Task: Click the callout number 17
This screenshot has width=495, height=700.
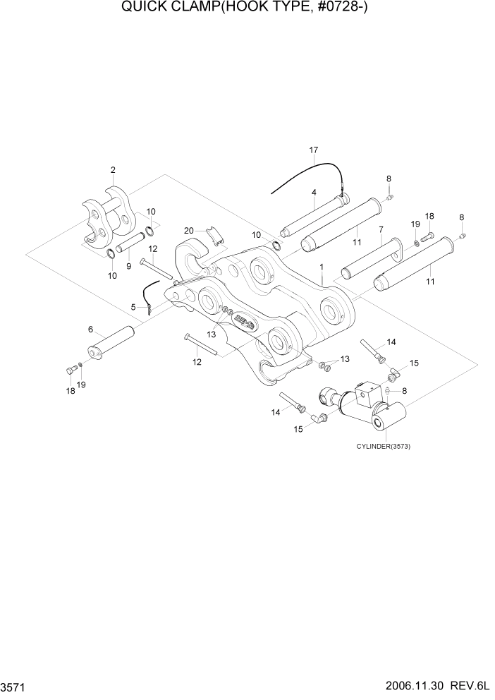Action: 314,150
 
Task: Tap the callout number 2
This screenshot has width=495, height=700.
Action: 113,169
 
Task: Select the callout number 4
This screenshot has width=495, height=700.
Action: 313,192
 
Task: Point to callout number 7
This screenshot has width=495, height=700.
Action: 381,229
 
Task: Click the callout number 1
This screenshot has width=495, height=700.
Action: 322,267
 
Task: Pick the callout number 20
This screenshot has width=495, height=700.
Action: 188,231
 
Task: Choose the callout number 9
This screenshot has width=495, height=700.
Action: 128,266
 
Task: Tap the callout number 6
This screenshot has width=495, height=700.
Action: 90,330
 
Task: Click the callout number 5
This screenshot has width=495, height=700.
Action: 133,306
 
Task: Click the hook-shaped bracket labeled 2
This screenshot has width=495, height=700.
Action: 106,215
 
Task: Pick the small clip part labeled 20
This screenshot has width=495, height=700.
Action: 212,236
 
